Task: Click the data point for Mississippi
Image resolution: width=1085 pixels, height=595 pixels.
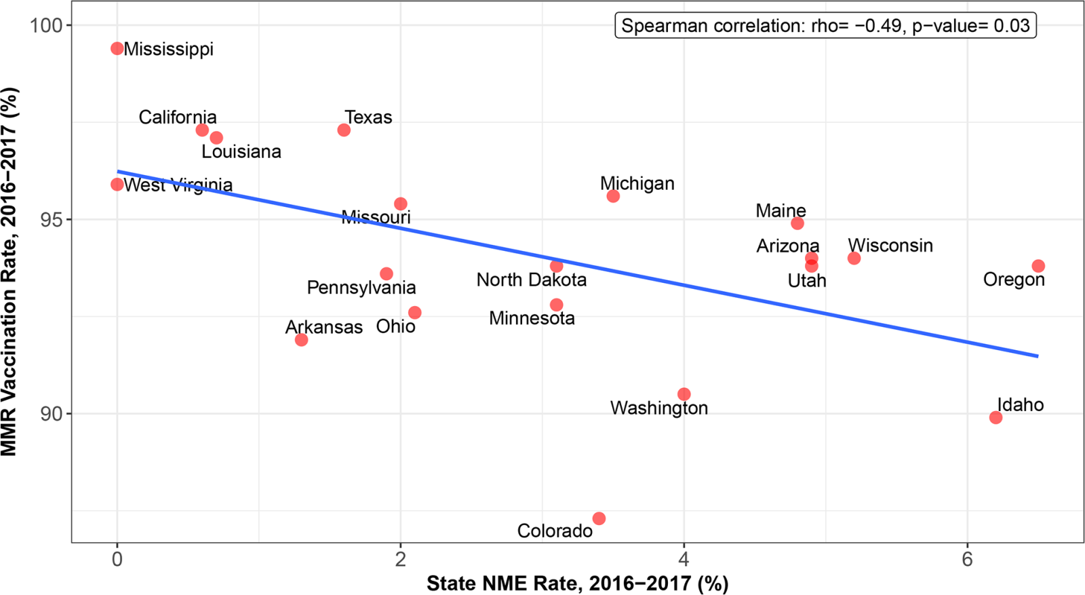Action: [x=117, y=49]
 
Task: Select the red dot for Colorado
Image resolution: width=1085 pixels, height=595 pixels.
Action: [x=599, y=519]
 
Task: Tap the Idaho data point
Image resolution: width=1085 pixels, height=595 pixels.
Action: [x=995, y=418]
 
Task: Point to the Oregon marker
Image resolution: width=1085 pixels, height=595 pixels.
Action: [x=1038, y=266]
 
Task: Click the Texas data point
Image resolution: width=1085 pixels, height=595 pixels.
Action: [x=344, y=130]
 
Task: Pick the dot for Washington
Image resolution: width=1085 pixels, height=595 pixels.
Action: [x=684, y=395]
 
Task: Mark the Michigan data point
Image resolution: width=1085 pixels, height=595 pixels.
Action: [x=613, y=196]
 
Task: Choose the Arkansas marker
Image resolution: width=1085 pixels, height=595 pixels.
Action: [x=301, y=340]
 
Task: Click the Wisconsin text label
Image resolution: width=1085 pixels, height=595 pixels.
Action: [x=890, y=246]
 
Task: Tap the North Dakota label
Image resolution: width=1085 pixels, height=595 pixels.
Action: [x=531, y=280]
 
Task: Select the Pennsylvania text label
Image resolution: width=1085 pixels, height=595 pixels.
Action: [x=361, y=288]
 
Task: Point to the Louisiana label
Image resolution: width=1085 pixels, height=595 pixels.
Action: [x=241, y=152]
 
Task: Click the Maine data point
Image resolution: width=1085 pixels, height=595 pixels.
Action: [x=797, y=223]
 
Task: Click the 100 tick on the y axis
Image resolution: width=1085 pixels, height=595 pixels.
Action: [x=46, y=25]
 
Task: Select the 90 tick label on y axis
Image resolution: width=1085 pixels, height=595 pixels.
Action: [x=51, y=414]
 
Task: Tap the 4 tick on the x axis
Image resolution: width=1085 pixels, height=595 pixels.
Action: [x=684, y=559]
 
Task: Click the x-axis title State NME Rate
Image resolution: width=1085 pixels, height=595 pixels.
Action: [x=577, y=583]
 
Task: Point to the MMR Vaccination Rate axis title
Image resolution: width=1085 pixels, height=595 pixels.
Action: [x=9, y=271]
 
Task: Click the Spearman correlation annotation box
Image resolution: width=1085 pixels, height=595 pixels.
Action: [x=825, y=26]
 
